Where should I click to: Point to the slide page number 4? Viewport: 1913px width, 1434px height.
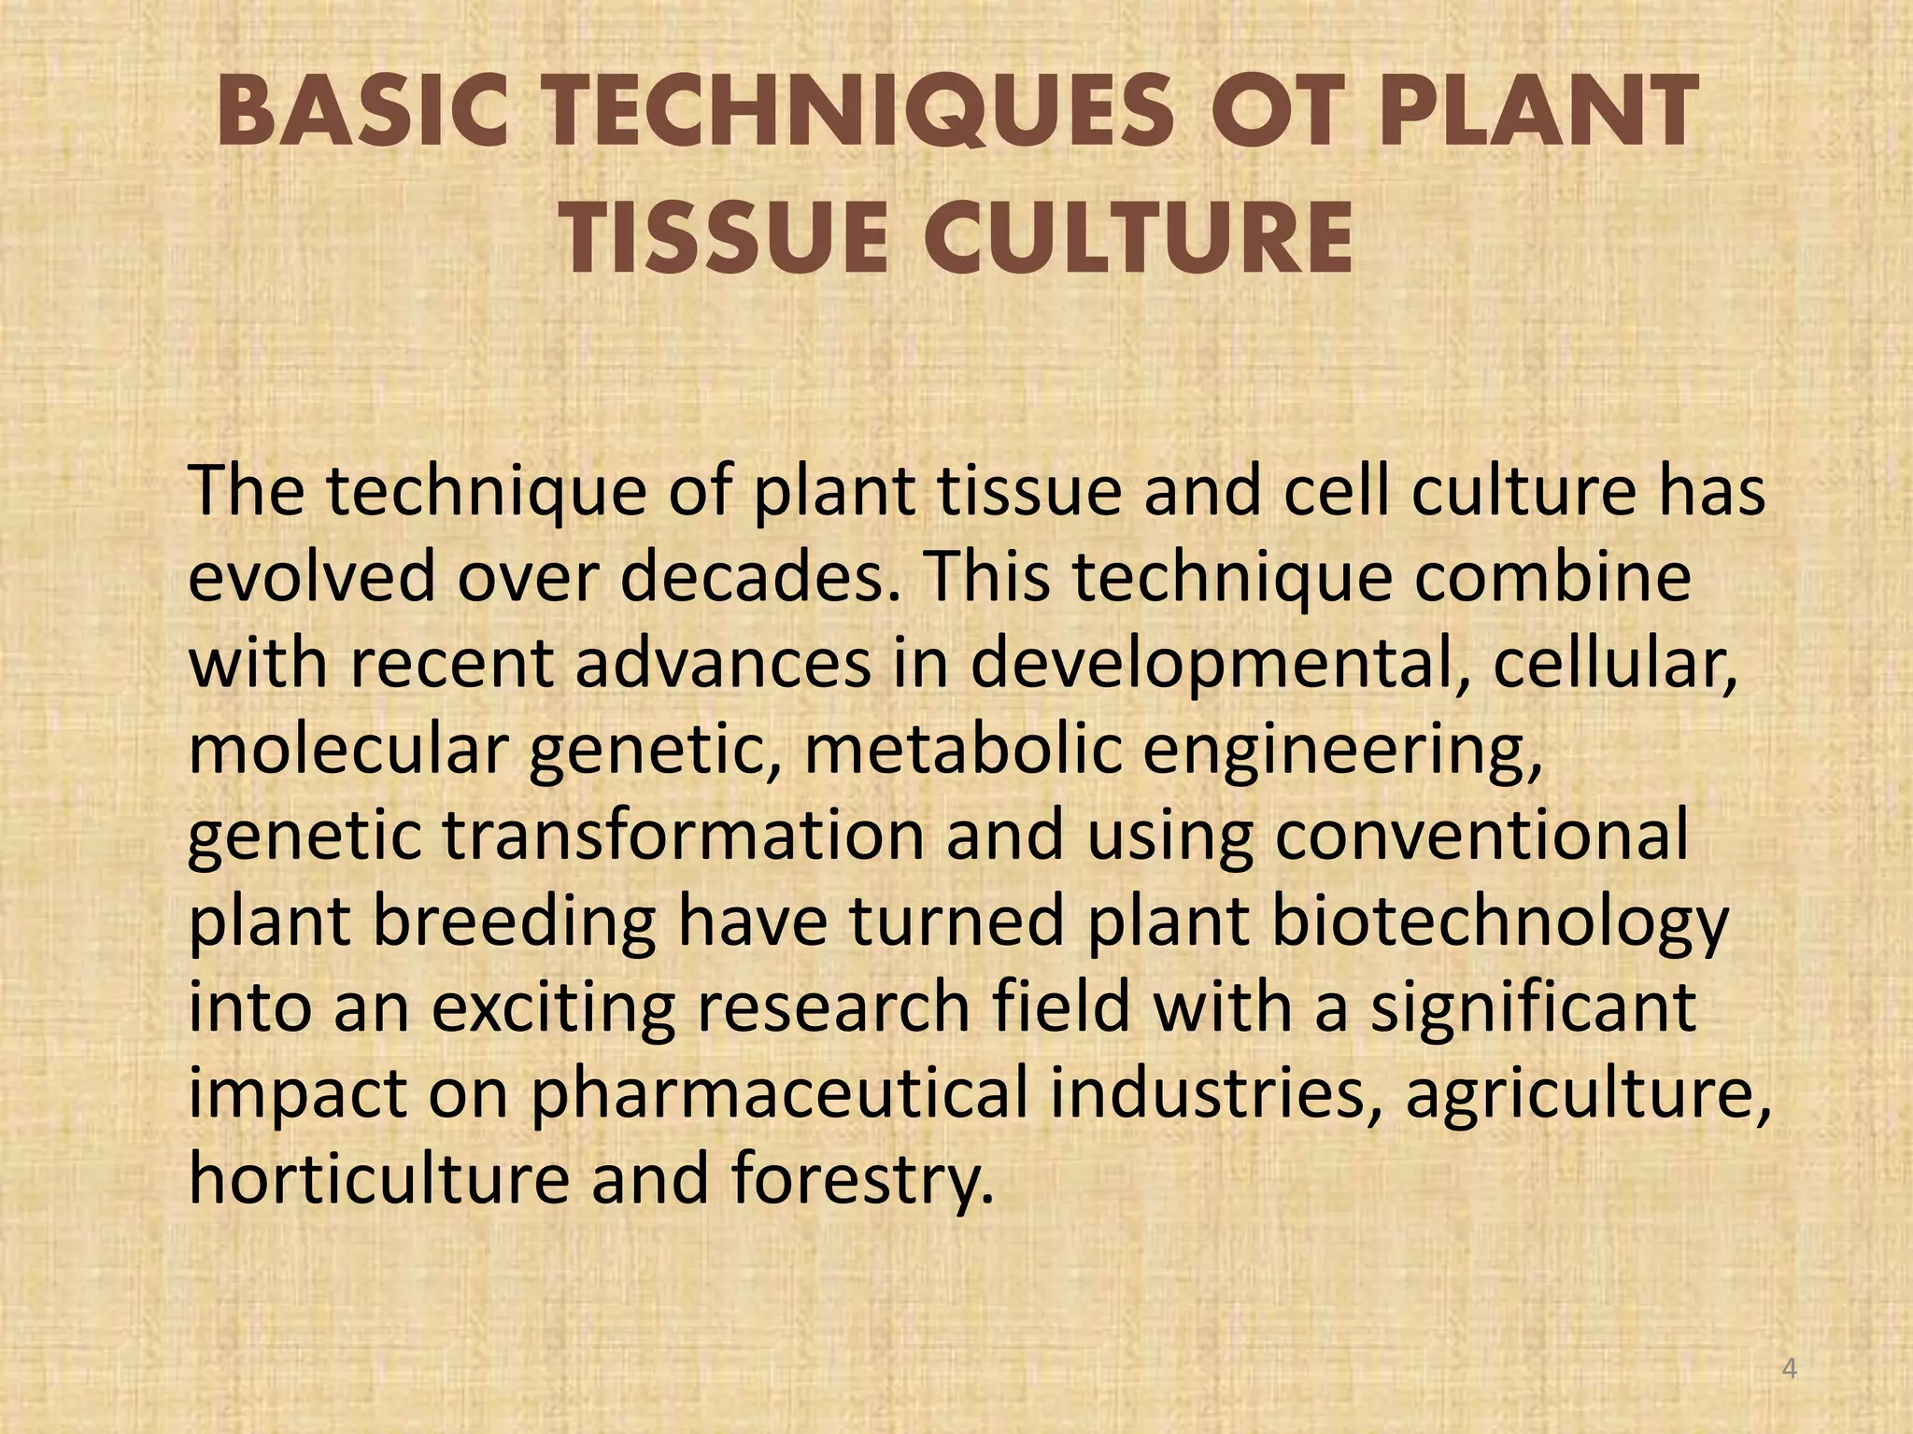[1790, 1370]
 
